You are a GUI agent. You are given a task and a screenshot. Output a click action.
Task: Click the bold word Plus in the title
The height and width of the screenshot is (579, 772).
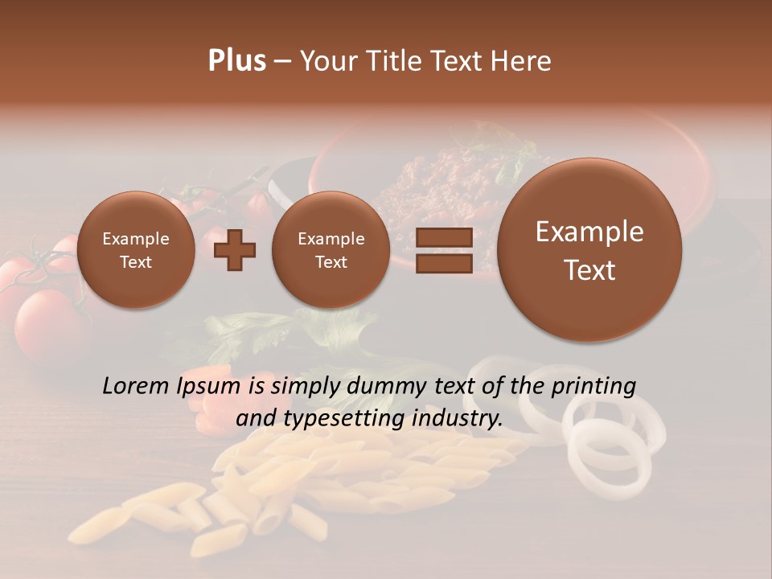236,61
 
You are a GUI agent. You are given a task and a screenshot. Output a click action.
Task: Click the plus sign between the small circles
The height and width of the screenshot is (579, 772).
234,250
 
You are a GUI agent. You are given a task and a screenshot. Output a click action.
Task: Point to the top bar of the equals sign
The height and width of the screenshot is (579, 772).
444,237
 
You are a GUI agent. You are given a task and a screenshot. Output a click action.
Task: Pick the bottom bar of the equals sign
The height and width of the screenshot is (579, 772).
444,263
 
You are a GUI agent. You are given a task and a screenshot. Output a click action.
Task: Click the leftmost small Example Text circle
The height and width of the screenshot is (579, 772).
136,250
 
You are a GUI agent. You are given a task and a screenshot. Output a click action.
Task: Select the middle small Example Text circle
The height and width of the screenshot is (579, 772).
331,250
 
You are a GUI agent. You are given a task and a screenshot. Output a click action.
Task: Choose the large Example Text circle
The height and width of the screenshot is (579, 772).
589,250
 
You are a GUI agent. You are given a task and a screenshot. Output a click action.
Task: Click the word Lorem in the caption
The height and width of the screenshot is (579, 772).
136,386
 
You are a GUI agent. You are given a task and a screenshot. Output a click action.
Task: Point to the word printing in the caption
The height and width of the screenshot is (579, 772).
593,387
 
